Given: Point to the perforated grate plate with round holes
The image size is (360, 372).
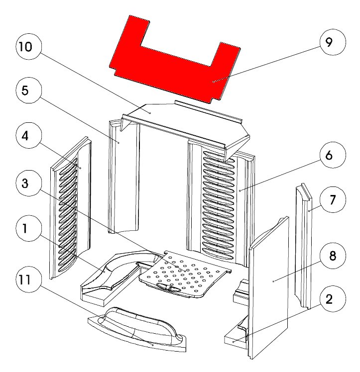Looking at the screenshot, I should click(187, 274).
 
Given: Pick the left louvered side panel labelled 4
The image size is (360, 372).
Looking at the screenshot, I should click(71, 209).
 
